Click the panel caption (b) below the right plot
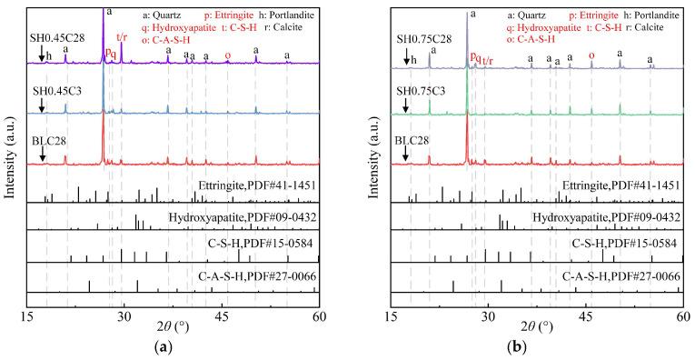(537, 346)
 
